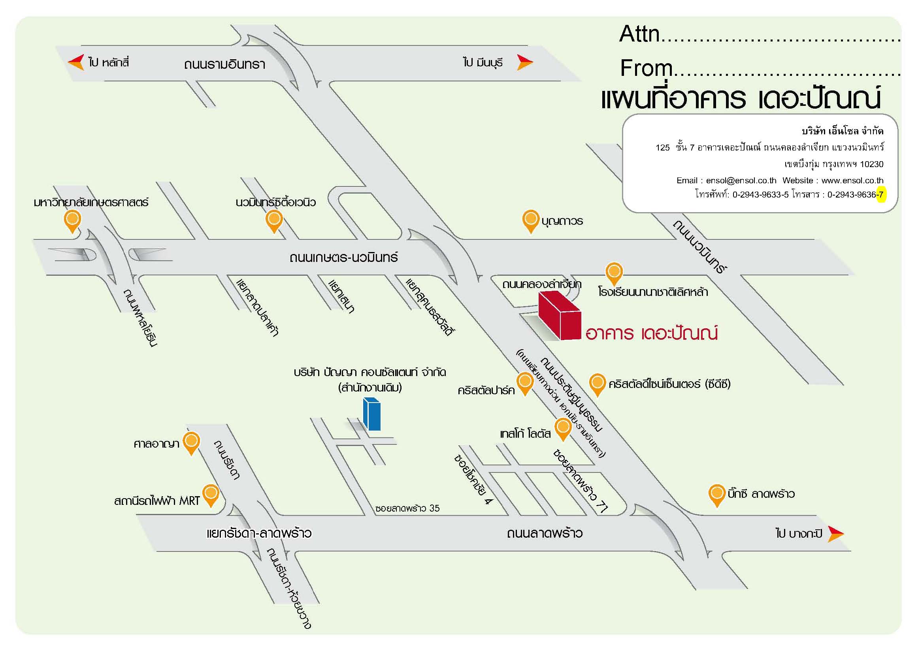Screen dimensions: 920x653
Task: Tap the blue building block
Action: [372, 414]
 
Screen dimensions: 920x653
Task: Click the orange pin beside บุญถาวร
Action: [531, 222]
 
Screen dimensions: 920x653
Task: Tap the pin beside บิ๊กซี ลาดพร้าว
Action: [717, 496]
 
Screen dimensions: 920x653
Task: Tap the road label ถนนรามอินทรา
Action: [224, 64]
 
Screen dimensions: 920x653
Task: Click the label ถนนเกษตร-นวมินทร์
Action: [343, 257]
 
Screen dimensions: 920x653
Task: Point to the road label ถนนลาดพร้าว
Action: [545, 533]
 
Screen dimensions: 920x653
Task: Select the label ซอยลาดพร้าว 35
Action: [407, 508]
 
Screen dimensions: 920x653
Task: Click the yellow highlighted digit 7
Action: [881, 195]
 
